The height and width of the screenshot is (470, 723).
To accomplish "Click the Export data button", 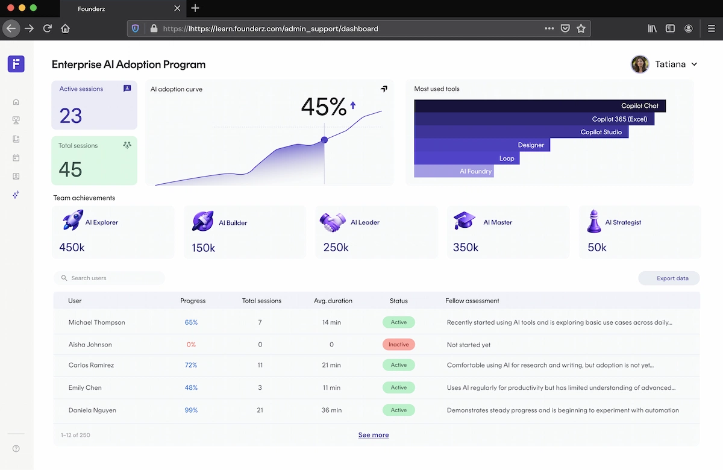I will [x=669, y=278].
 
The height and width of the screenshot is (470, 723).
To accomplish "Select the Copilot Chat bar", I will [x=540, y=106].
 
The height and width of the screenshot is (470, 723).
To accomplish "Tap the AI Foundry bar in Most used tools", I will [x=454, y=171].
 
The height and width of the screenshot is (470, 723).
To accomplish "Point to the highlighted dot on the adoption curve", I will [x=324, y=140].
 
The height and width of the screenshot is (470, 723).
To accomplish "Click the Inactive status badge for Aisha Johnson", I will [x=398, y=345].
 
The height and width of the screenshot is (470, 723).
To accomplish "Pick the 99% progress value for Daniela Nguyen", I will [x=191, y=410].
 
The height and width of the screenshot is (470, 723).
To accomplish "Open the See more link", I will [x=374, y=435].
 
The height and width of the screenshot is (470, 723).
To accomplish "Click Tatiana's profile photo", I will [x=639, y=64].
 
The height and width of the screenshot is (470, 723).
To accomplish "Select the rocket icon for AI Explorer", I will [x=72, y=221].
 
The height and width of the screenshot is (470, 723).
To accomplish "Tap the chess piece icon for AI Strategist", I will [x=593, y=222].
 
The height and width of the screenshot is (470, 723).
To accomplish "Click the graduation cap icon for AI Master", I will [x=464, y=221].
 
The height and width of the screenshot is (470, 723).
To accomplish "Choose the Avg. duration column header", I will [x=333, y=301].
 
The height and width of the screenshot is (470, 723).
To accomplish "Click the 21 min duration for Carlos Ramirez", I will [x=331, y=365].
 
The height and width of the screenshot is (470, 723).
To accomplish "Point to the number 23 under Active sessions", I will [x=70, y=116].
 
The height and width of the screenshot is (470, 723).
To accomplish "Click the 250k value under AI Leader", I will [x=336, y=248].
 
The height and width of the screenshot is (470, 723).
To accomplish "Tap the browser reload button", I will [x=48, y=28].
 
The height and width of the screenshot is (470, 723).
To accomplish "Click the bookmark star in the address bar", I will [x=581, y=28].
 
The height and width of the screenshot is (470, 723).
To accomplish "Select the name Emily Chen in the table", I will [x=85, y=388].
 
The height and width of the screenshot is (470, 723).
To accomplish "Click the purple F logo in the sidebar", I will [x=16, y=64].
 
